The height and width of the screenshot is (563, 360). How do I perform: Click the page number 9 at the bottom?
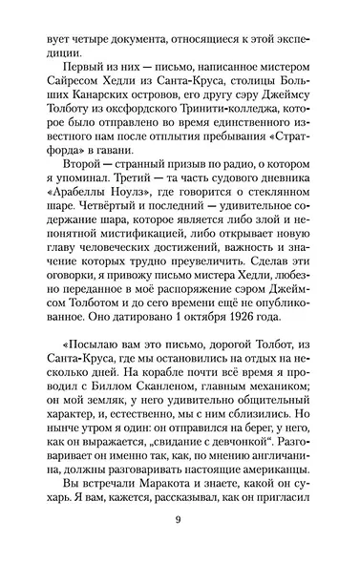(180, 546)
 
